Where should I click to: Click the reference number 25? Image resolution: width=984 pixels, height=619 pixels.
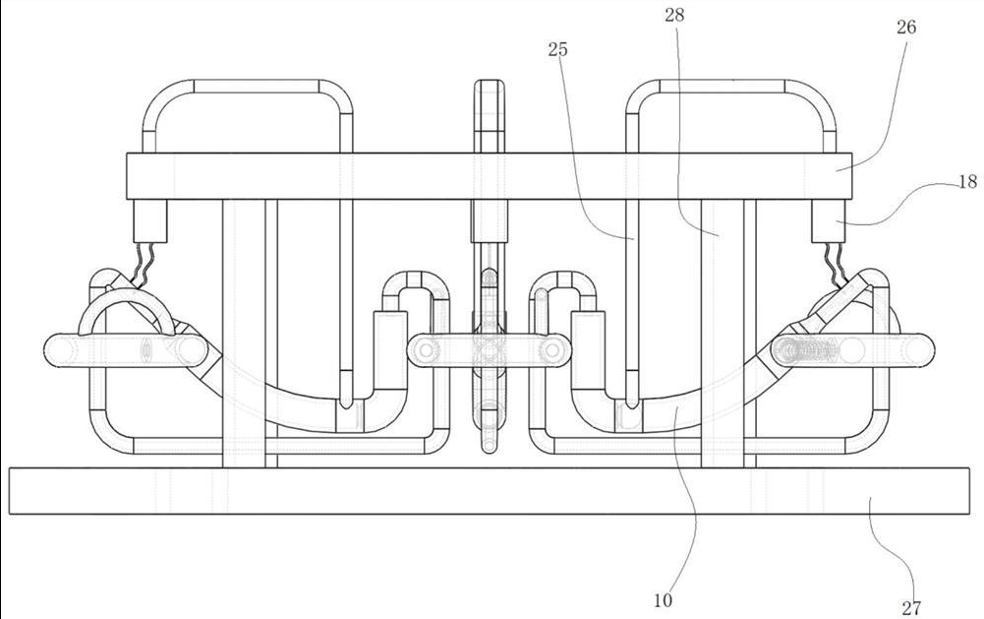pos(558,49)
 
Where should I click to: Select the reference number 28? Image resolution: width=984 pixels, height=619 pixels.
pos(674,15)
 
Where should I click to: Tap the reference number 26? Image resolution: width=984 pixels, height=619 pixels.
pos(905,27)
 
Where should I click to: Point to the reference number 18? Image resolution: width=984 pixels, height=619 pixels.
pos(968,182)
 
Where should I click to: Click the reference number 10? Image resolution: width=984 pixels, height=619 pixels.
pos(663,600)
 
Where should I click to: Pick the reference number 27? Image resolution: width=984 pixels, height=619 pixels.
pos(911,608)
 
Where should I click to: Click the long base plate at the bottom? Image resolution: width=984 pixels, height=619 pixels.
pos(489,491)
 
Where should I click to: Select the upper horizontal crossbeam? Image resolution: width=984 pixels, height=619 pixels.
pos(490,176)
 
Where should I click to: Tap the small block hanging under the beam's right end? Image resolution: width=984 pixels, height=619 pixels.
pos(829,221)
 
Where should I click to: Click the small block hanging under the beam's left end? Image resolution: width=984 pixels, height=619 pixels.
pos(150,221)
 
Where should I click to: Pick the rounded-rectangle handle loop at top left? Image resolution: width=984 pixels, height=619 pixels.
pos(248,116)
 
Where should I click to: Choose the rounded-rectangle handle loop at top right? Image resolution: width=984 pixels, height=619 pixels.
pos(731,116)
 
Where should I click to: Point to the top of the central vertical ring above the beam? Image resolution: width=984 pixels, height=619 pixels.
pos(489,81)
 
